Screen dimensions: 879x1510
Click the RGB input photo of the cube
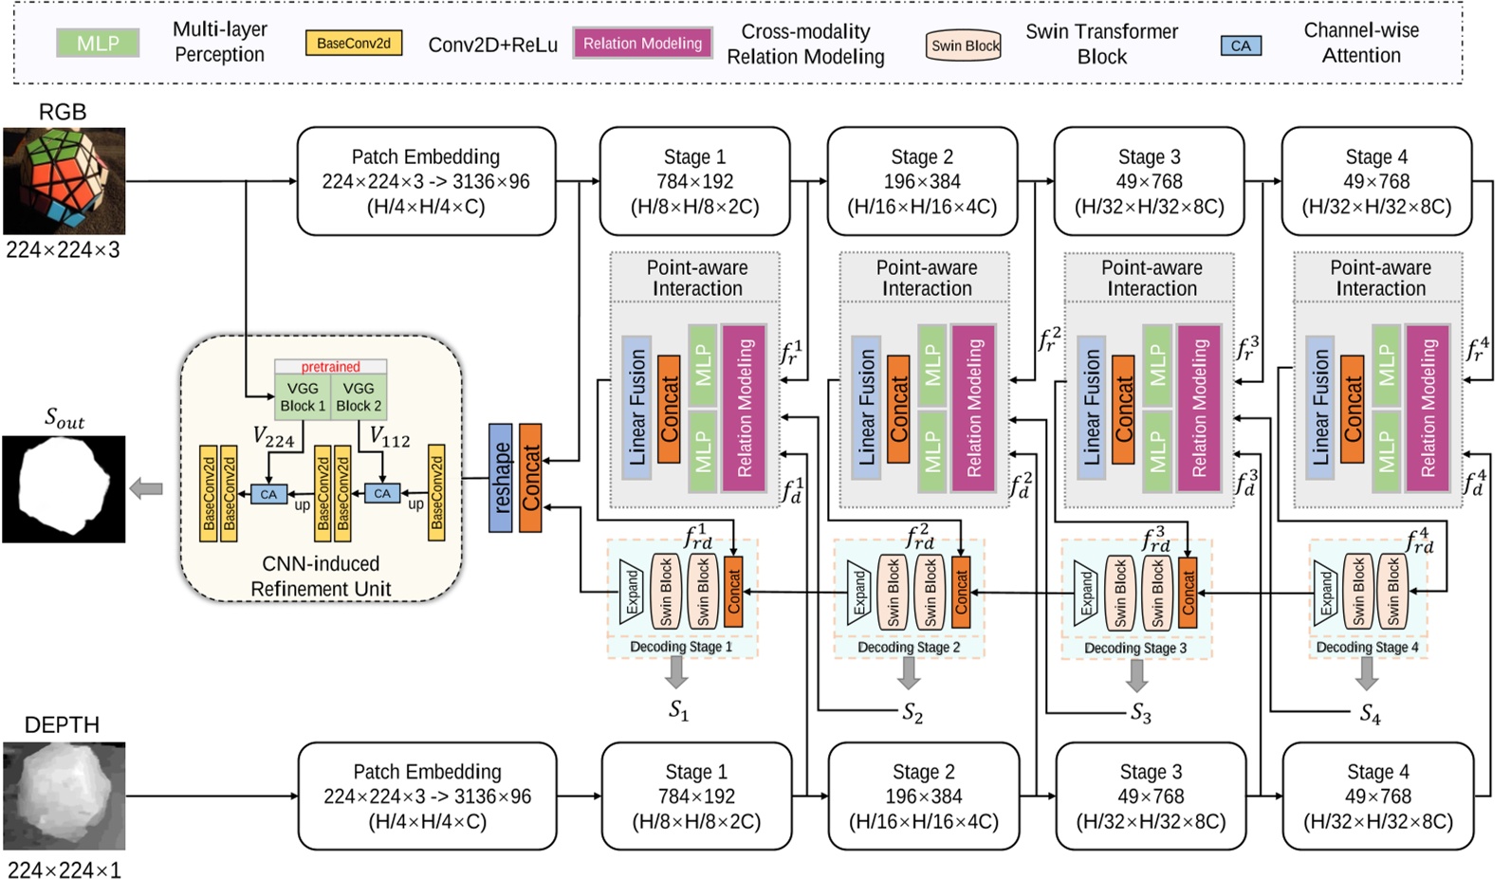pyautogui.click(x=64, y=181)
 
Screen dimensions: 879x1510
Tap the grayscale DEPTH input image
pyautogui.click(x=64, y=795)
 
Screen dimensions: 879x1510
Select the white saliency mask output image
pyautogui.click(x=64, y=488)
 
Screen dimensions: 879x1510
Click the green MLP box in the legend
pyautogui.click(x=98, y=44)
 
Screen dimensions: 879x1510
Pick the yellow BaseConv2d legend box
pyautogui.click(x=353, y=44)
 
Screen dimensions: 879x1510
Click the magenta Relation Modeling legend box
pyautogui.click(x=642, y=44)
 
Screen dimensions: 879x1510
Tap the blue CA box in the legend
pyautogui.click(x=1241, y=46)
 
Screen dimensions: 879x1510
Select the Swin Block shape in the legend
pyautogui.click(x=964, y=46)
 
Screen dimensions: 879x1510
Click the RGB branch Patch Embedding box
pyautogui.click(x=426, y=181)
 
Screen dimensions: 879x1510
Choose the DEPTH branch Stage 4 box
pyautogui.click(x=1377, y=797)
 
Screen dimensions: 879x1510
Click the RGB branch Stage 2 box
pyautogui.click(x=922, y=181)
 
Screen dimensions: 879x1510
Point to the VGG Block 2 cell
pyautogui.click(x=359, y=396)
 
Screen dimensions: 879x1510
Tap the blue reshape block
pyautogui.click(x=501, y=477)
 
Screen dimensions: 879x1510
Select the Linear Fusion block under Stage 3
pyautogui.click(x=1092, y=408)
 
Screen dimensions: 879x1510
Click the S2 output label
pyautogui.click(x=912, y=713)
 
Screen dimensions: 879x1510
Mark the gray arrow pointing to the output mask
pyautogui.click(x=146, y=489)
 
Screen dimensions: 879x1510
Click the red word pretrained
pyautogui.click(x=330, y=367)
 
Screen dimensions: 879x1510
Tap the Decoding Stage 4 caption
pyautogui.click(x=1367, y=647)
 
